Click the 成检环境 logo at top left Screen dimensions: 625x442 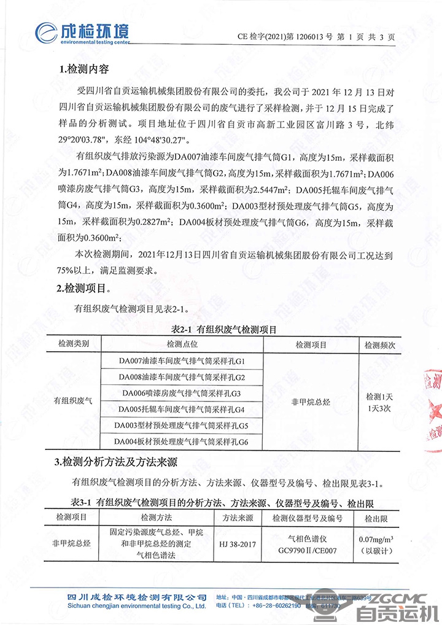pyautogui.click(x=82, y=31)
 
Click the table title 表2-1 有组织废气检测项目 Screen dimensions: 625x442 pyautogui.click(x=223, y=330)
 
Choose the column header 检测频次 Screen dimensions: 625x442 pyautogui.click(x=380, y=345)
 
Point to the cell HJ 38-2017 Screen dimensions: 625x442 pyautogui.click(x=238, y=544)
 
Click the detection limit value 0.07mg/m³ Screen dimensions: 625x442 pyautogui.click(x=376, y=540)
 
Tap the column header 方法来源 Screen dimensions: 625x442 pyautogui.click(x=238, y=518)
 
